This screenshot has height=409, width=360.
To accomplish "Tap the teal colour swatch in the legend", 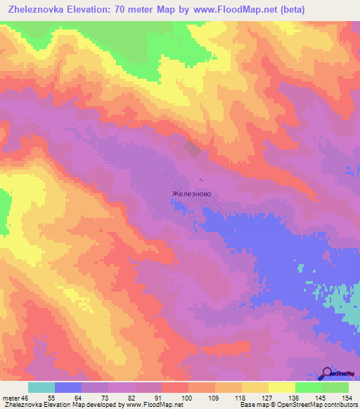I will (41, 387).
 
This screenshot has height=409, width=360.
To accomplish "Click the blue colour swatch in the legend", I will (68, 387).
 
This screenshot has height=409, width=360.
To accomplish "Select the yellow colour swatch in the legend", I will (281, 387).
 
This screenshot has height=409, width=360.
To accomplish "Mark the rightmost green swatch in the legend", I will (335, 387).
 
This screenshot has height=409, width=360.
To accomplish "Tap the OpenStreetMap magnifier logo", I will (328, 373).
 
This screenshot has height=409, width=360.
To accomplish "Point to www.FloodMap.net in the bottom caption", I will (149, 404).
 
